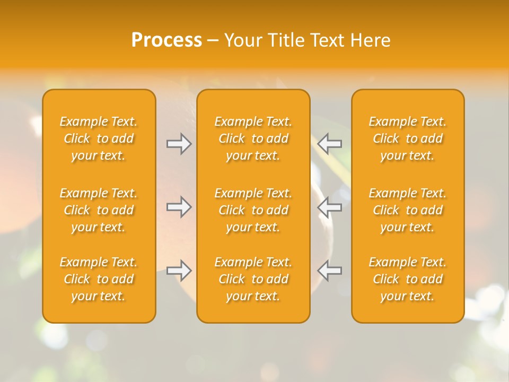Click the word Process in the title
point(166,40)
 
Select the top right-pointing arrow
point(179,144)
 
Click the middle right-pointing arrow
point(179,207)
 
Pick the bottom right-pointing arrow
point(179,271)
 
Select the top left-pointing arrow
point(330,144)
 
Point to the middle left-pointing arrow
point(330,207)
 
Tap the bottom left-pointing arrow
point(330,271)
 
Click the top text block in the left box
point(99,138)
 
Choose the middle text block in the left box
point(99,210)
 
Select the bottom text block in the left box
point(99,279)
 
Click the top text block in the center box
point(253,138)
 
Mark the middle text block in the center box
point(253,210)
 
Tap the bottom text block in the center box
point(253,279)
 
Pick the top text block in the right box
point(408,138)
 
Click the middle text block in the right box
point(408,210)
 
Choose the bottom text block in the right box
point(408,279)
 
